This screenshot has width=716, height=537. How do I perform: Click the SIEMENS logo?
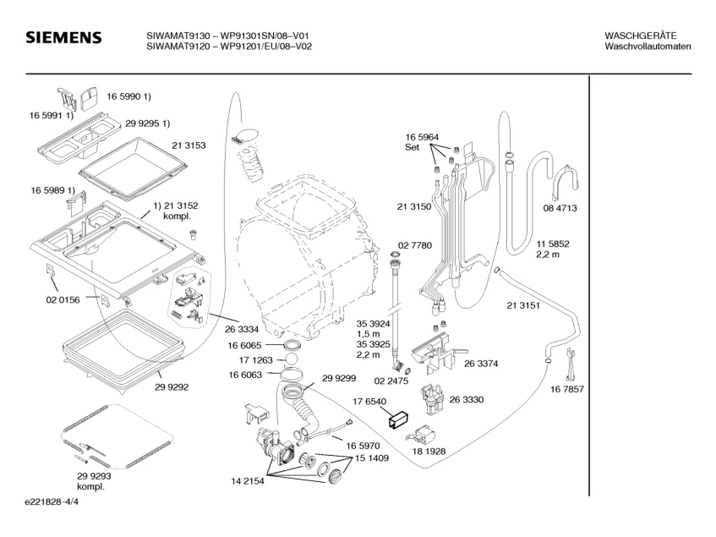[63, 37]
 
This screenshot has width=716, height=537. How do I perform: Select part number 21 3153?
[189, 145]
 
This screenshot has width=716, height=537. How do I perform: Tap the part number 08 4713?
[560, 208]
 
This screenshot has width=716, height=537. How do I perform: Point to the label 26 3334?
[242, 329]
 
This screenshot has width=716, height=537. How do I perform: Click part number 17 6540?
[369, 402]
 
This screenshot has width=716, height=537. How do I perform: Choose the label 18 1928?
[429, 451]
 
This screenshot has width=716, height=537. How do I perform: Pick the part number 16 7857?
[567, 389]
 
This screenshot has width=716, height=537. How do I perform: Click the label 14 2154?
[248, 481]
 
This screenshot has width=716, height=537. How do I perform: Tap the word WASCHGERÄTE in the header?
[641, 36]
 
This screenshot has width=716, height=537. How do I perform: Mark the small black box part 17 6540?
[398, 420]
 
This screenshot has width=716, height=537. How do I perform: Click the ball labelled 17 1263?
[292, 359]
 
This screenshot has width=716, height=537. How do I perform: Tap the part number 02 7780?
[414, 245]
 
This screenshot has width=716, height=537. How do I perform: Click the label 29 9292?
[172, 386]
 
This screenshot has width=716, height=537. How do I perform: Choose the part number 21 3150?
[414, 206]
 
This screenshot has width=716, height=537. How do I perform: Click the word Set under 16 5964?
[412, 147]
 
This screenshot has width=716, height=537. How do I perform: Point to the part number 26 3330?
[467, 399]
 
